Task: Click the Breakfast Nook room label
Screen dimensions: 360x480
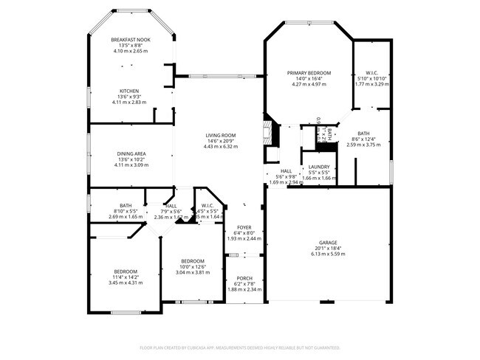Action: (130, 40)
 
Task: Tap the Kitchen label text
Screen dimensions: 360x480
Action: (130, 91)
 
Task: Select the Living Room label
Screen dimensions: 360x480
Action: (220, 135)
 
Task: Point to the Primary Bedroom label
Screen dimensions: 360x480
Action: (309, 73)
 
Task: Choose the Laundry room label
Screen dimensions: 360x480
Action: (319, 167)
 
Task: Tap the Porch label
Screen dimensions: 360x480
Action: (244, 278)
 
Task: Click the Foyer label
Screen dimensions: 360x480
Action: (244, 227)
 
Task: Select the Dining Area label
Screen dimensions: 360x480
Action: (130, 153)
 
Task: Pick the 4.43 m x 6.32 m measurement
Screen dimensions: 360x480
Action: (220, 147)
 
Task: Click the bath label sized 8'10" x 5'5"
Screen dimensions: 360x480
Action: (125, 207)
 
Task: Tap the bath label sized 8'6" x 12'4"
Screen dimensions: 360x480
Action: (363, 134)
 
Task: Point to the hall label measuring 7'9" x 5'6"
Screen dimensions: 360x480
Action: (171, 207)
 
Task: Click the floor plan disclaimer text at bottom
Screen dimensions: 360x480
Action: (240, 347)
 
